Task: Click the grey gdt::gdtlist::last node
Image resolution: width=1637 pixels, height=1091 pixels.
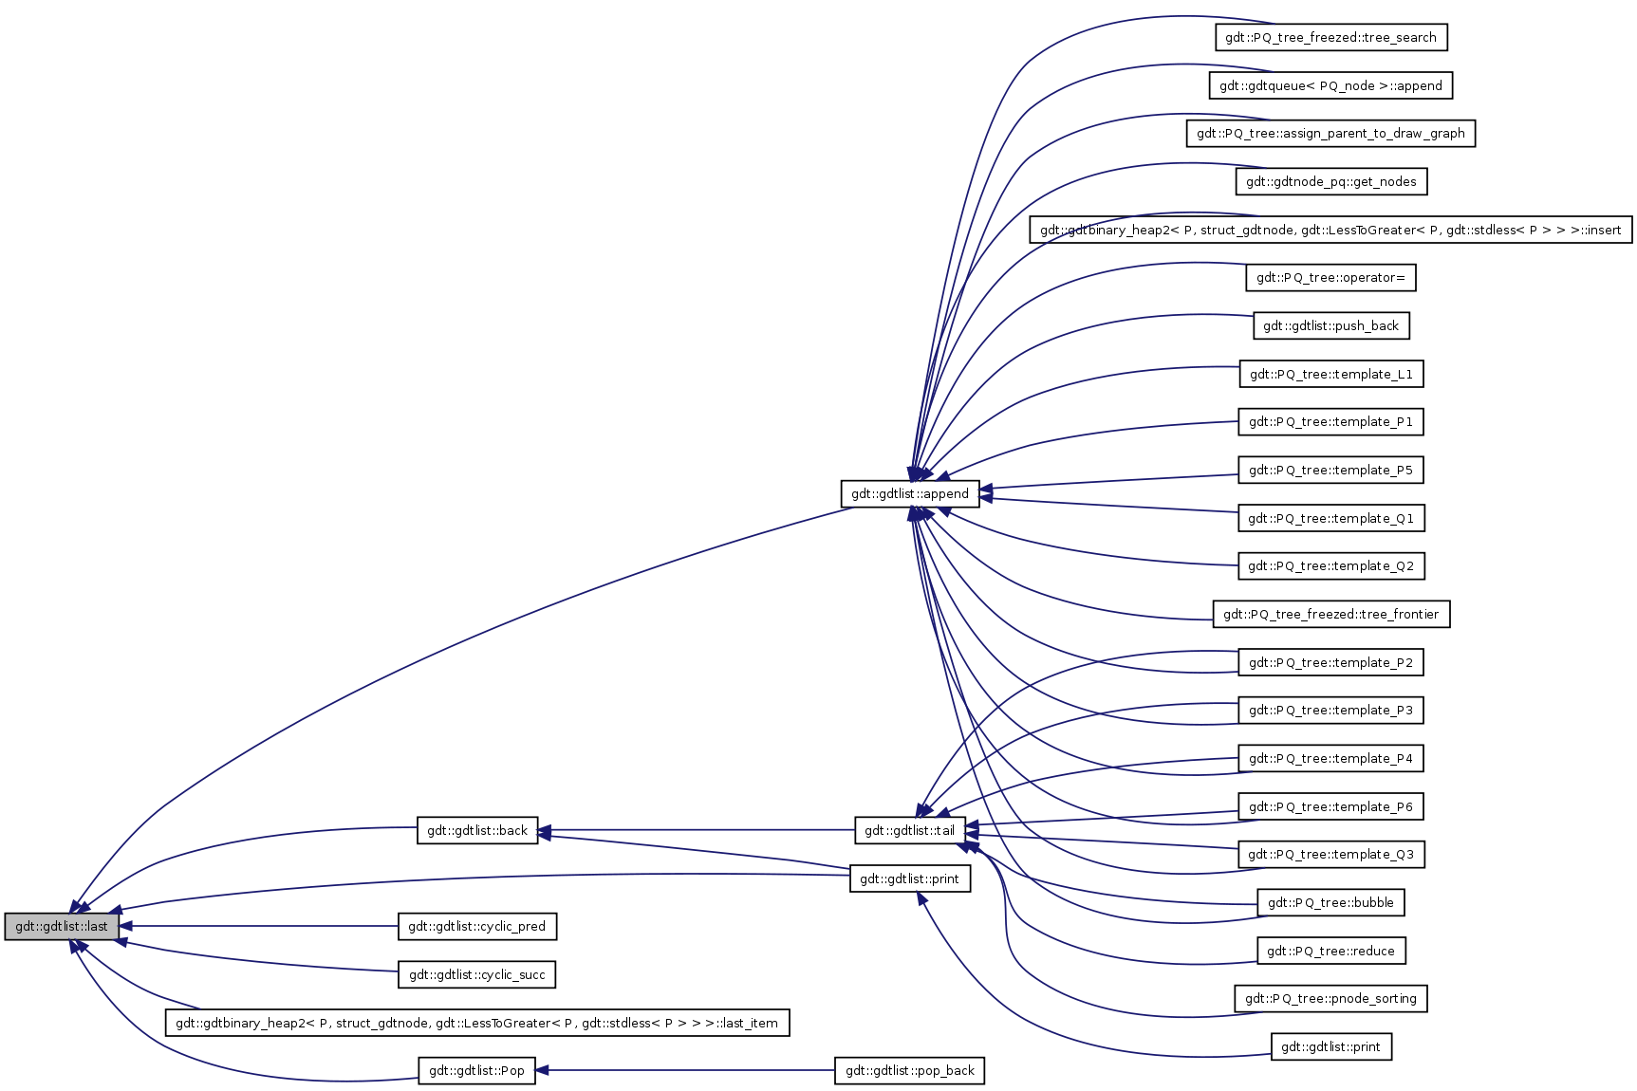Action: pyautogui.click(x=62, y=927)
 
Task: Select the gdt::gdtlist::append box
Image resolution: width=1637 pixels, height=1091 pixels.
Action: pyautogui.click(x=909, y=494)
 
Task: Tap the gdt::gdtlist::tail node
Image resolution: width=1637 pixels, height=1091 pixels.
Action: pyautogui.click(x=909, y=831)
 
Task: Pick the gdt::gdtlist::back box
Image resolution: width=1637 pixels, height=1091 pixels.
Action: pyautogui.click(x=477, y=831)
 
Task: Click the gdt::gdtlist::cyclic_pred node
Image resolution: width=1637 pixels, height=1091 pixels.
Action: pyautogui.click(x=476, y=927)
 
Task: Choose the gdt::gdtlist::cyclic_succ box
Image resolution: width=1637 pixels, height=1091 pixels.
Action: pyautogui.click(x=476, y=975)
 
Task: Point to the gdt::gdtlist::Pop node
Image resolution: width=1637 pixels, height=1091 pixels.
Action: pyautogui.click(x=476, y=1071)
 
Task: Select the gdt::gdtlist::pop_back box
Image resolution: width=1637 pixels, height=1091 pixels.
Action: pyautogui.click(x=909, y=1071)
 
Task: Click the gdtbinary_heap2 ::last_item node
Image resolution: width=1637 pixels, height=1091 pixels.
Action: pyautogui.click(x=476, y=1024)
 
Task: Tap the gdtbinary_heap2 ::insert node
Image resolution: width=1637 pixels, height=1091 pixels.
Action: pyautogui.click(x=1330, y=230)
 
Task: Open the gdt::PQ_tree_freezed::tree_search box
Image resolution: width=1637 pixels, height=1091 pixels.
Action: pyautogui.click(x=1330, y=38)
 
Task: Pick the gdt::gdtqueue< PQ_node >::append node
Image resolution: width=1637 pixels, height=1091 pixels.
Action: pyautogui.click(x=1330, y=86)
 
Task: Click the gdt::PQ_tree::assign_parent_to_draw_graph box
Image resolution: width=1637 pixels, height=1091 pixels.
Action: pyautogui.click(x=1330, y=134)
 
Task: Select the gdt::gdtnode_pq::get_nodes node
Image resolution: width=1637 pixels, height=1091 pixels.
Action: pyautogui.click(x=1330, y=182)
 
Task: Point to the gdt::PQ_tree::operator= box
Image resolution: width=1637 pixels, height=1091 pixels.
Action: pyautogui.click(x=1330, y=278)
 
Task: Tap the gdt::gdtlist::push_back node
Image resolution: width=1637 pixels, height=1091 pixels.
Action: pyautogui.click(x=1330, y=326)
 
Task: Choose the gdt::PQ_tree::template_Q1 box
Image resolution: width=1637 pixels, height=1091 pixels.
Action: pyautogui.click(x=1330, y=519)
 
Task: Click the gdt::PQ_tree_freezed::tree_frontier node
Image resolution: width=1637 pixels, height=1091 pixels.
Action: pyautogui.click(x=1330, y=615)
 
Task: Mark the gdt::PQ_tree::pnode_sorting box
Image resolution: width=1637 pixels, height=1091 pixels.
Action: pyautogui.click(x=1330, y=999)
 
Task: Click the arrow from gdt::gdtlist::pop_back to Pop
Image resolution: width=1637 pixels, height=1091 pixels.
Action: pyautogui.click(x=683, y=1071)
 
